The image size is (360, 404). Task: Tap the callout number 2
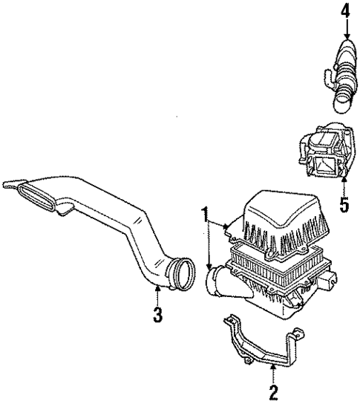pyautogui.click(x=273, y=391)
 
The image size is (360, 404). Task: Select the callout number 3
pyautogui.click(x=157, y=314)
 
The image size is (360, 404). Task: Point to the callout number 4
pyautogui.click(x=344, y=12)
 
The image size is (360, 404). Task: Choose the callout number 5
pyautogui.click(x=343, y=204)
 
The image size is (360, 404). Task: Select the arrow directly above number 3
pyautogui.click(x=157, y=294)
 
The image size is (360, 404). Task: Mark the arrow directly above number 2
pyautogui.click(x=273, y=371)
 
